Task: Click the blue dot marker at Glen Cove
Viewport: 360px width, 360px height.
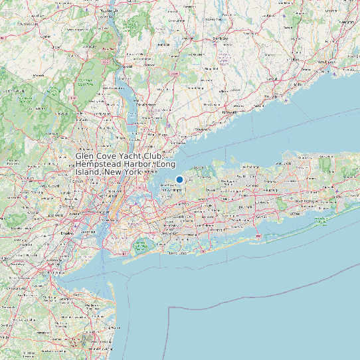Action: [x=179, y=179]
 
